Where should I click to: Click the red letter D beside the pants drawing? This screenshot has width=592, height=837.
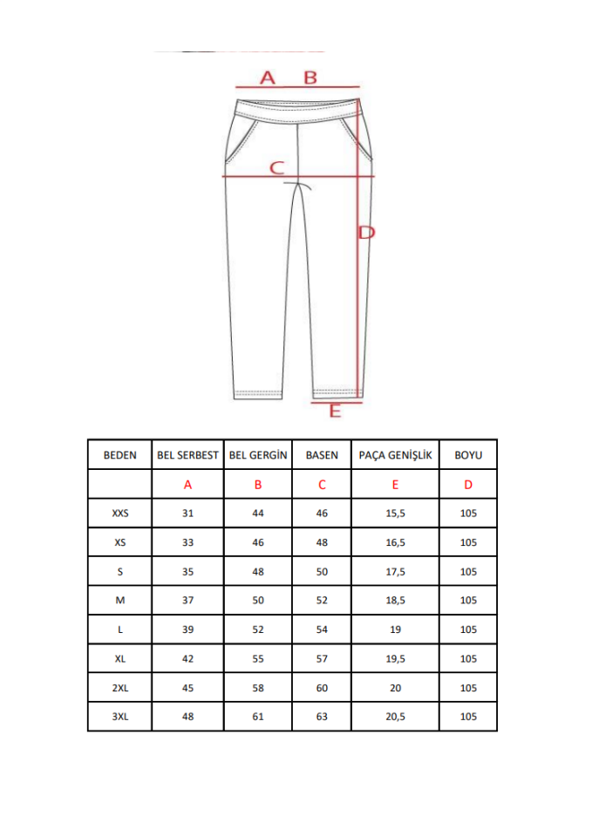tap(367, 232)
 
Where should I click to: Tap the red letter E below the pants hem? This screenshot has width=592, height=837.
tap(334, 411)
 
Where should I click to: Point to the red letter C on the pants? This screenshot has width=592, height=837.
tap(277, 167)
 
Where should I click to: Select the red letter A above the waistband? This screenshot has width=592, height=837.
tap(268, 78)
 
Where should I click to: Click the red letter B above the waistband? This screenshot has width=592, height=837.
tap(310, 78)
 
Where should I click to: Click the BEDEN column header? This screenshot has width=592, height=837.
tap(120, 455)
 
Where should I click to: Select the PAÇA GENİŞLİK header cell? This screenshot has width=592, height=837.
tap(395, 455)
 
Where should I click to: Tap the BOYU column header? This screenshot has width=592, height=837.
tap(468, 455)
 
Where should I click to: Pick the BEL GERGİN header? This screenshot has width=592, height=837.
tap(257, 455)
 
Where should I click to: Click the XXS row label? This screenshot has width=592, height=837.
tap(120, 513)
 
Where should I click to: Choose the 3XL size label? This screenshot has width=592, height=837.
tap(120, 716)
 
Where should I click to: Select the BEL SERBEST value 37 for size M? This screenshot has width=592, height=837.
tap(187, 600)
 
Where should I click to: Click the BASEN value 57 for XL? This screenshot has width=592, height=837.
tap(322, 657)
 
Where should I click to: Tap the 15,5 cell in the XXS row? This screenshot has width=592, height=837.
tap(395, 513)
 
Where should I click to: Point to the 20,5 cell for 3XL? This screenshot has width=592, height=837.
tap(395, 716)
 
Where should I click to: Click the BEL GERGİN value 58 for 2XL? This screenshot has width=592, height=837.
tap(257, 687)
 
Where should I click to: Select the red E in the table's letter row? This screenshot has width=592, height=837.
tap(395, 484)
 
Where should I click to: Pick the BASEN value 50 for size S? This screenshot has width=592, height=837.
tap(322, 571)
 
